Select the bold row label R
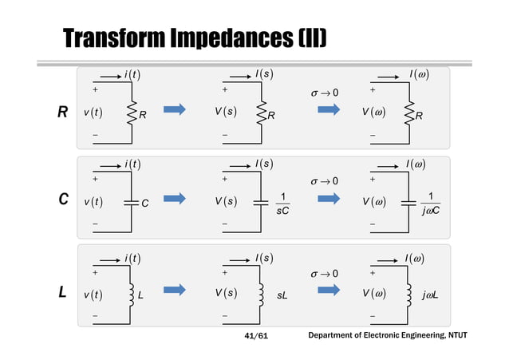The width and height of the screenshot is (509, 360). click(x=61, y=113)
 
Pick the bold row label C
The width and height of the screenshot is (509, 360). click(x=61, y=200)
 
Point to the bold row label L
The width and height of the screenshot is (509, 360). click(x=61, y=293)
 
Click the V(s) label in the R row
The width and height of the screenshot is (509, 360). click(x=236, y=113)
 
